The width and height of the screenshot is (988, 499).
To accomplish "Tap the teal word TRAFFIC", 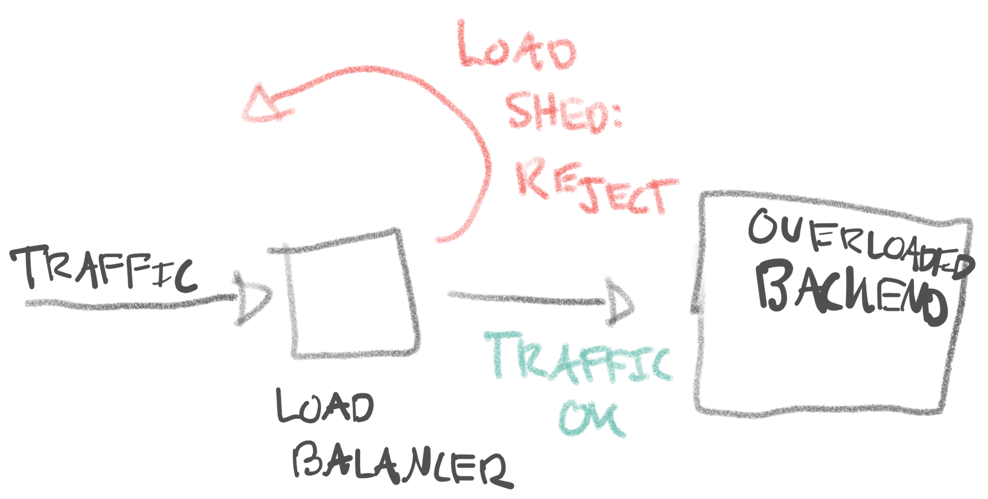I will point(580,358).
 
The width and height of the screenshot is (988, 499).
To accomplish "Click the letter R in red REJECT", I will point(531,178).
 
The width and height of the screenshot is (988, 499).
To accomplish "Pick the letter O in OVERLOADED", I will point(763,227).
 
